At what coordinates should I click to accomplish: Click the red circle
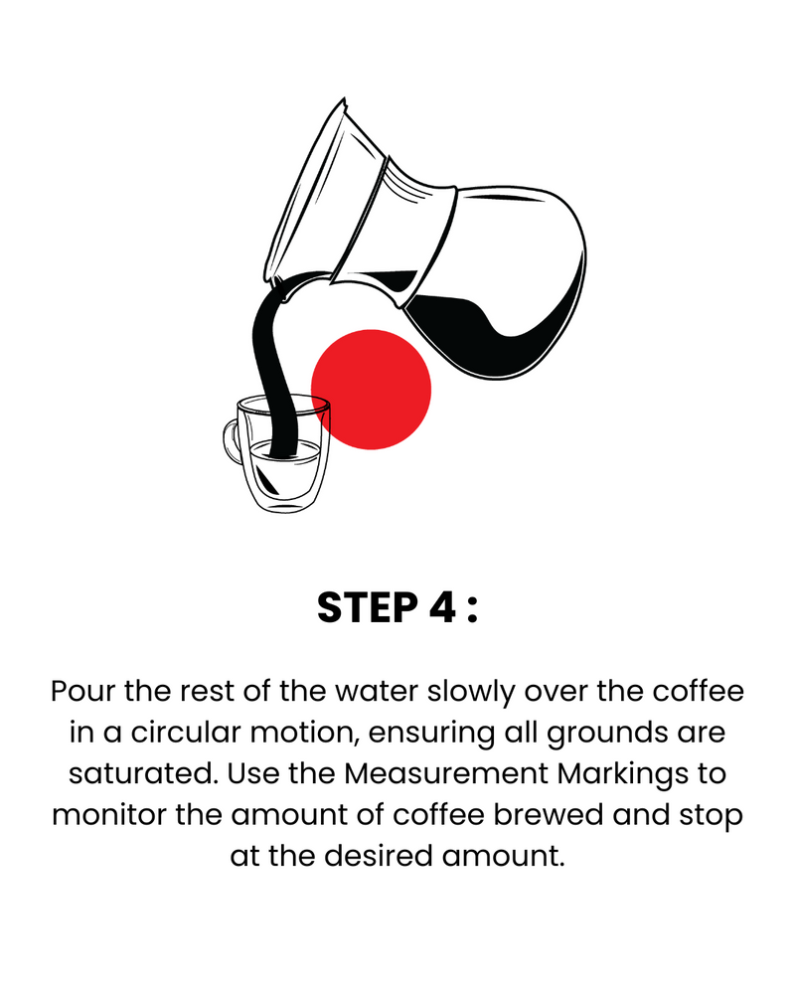tap(371, 390)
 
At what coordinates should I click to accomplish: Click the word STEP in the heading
tap(367, 607)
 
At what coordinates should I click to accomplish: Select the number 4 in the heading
tap(442, 607)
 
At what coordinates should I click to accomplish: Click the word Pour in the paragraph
tap(83, 691)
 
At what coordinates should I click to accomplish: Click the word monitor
tap(109, 815)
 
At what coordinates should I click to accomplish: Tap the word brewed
tap(549, 815)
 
